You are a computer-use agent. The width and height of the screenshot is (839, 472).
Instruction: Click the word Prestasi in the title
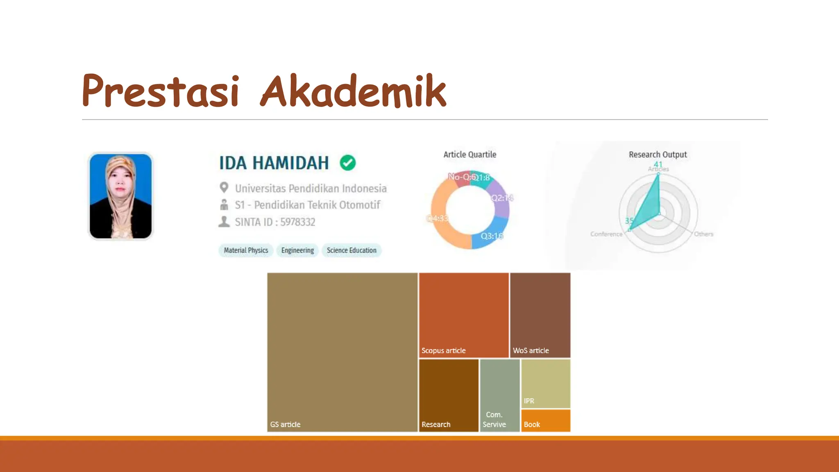pyautogui.click(x=160, y=91)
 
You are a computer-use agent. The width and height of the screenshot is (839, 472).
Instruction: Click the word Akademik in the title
pyautogui.click(x=353, y=91)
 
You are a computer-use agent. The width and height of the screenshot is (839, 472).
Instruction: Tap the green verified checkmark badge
pyautogui.click(x=347, y=163)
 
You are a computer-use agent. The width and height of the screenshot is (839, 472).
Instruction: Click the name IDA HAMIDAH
pyautogui.click(x=274, y=163)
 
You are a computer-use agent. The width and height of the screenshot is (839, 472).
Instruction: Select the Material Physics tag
pyautogui.click(x=246, y=250)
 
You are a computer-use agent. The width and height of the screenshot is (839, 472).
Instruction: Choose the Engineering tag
pyautogui.click(x=297, y=250)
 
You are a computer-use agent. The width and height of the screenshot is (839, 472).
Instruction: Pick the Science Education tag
pyautogui.click(x=351, y=250)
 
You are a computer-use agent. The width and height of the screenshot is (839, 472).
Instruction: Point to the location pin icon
pyautogui.click(x=224, y=188)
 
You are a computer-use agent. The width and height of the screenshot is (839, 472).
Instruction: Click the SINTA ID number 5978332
pyautogui.click(x=297, y=222)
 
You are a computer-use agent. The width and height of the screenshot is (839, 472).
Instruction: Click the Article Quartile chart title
pyautogui.click(x=469, y=154)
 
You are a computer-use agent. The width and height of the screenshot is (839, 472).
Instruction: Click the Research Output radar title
pyautogui.click(x=658, y=154)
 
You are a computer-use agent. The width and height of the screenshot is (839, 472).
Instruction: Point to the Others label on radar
pyautogui.click(x=703, y=234)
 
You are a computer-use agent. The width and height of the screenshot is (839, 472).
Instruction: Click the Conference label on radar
pyautogui.click(x=606, y=234)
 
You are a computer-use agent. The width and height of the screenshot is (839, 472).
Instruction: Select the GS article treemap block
pyautogui.click(x=342, y=352)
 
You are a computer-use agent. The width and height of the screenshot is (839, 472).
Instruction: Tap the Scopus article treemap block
pyautogui.click(x=464, y=315)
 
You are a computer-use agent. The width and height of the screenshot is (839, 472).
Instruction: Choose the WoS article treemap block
pyautogui.click(x=540, y=315)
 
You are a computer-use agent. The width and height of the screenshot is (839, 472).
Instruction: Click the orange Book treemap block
pyautogui.click(x=546, y=420)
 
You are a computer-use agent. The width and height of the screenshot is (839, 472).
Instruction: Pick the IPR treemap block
pyautogui.click(x=546, y=384)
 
